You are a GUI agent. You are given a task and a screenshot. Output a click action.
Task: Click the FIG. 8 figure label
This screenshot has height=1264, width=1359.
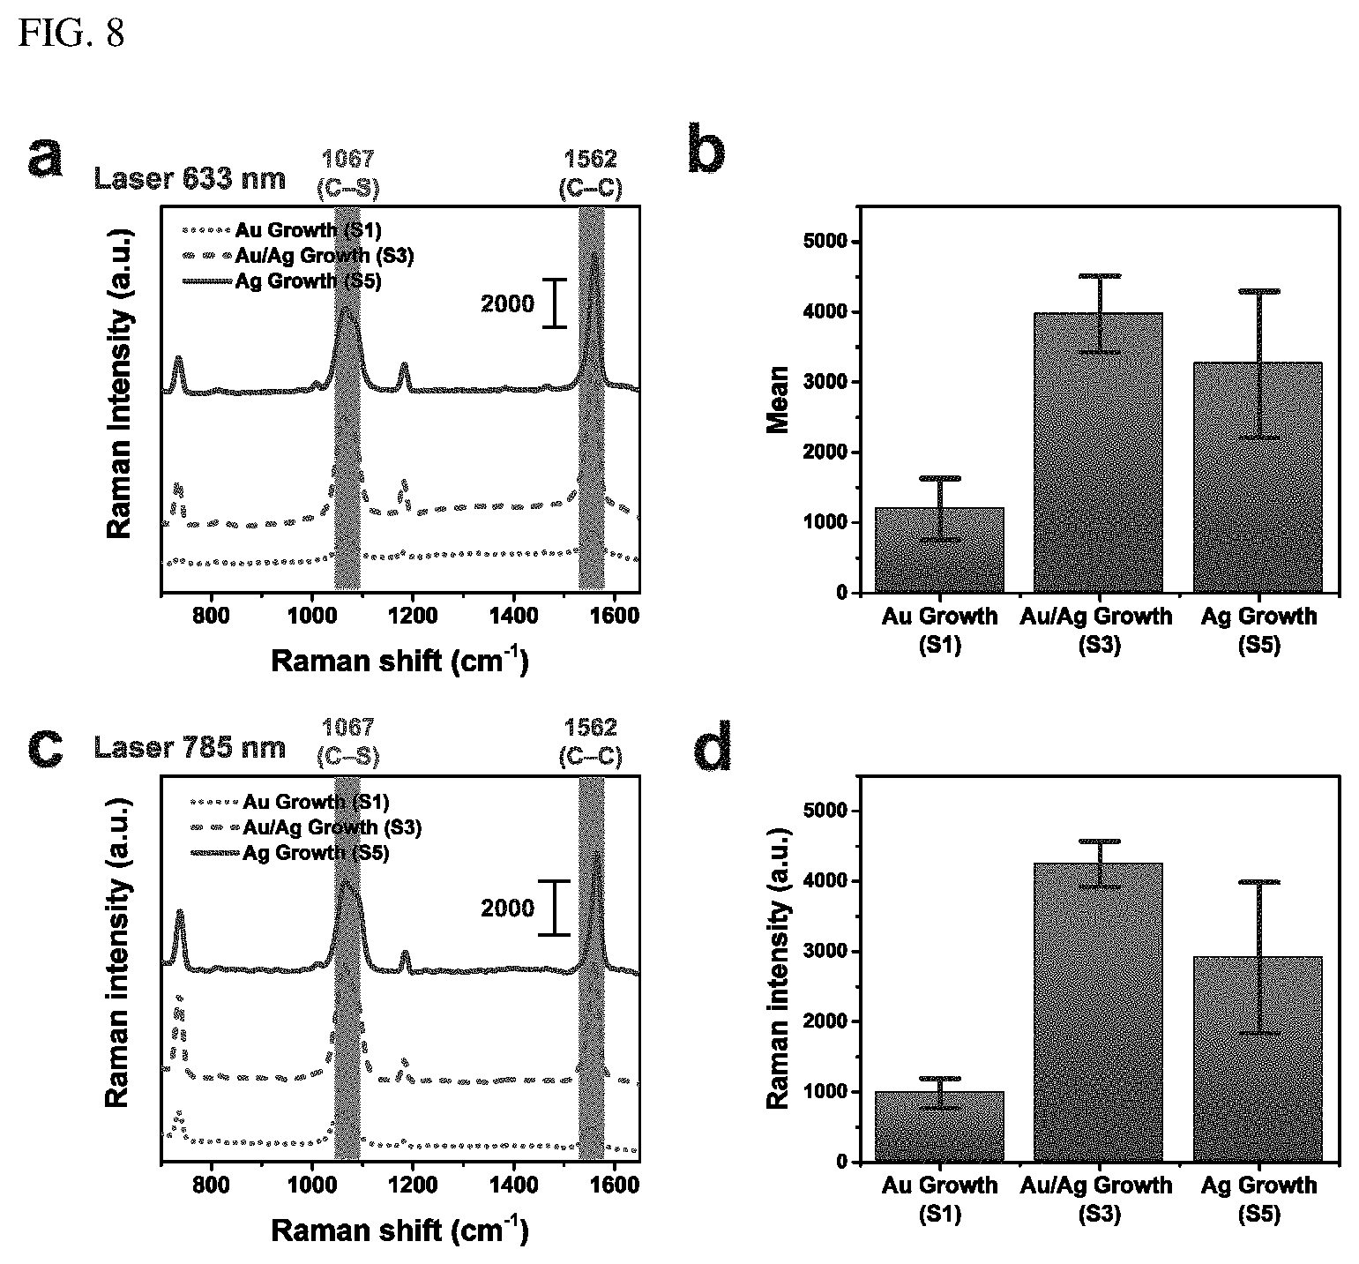click(71, 33)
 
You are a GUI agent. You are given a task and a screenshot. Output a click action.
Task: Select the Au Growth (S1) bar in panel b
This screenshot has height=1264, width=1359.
click(939, 550)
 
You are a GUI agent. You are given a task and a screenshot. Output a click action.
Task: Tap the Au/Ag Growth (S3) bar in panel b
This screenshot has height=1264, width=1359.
click(1098, 452)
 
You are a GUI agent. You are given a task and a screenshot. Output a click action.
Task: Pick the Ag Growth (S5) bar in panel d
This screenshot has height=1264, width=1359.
click(1258, 1058)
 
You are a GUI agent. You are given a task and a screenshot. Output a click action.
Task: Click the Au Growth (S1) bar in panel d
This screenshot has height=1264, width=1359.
click(939, 1126)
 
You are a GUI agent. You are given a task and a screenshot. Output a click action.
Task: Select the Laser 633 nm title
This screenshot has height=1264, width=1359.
click(190, 178)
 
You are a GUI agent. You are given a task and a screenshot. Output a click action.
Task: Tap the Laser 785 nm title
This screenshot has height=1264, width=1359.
click(190, 747)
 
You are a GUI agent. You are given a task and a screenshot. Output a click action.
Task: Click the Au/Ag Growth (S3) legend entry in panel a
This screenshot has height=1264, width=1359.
click(297, 256)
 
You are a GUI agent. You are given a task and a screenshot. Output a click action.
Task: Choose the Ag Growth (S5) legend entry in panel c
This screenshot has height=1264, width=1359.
click(290, 853)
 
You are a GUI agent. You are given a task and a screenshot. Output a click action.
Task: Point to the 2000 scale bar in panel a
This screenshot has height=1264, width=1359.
click(554, 303)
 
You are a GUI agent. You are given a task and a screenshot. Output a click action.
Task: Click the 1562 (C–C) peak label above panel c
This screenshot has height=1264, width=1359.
click(590, 742)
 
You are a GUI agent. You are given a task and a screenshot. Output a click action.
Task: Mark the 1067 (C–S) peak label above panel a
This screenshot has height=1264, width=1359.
click(348, 173)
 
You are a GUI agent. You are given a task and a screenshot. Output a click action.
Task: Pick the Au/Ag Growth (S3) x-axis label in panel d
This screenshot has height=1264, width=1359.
click(1098, 1199)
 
